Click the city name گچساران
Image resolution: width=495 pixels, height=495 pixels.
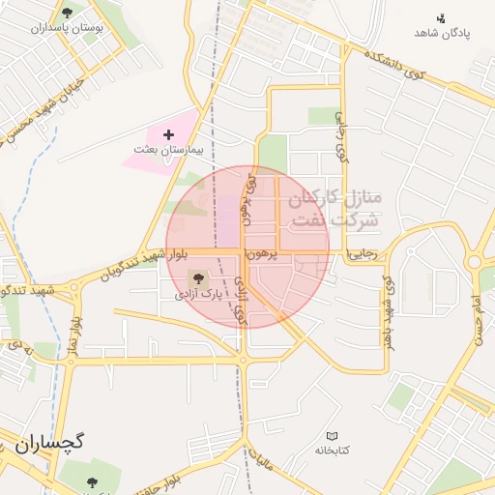click(x=50, y=444)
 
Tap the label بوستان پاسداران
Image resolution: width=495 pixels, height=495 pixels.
click(x=66, y=29)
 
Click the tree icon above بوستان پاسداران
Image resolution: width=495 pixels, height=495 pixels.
click(x=67, y=13)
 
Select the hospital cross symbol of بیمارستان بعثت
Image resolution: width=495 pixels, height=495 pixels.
click(x=169, y=133)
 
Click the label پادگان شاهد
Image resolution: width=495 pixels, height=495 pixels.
click(x=441, y=33)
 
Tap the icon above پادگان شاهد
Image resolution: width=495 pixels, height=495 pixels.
click(x=442, y=17)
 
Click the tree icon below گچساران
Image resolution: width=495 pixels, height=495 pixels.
click(x=92, y=481)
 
